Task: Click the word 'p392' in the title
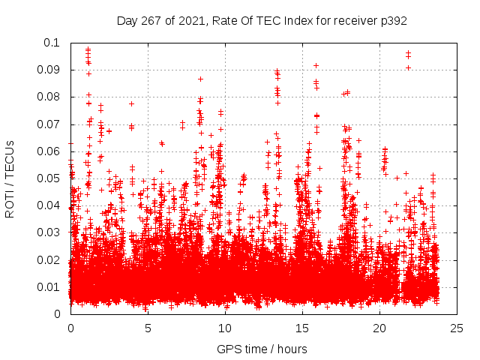pyautogui.click(x=393, y=21)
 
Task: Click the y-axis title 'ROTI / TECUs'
pyautogui.click(x=10, y=178)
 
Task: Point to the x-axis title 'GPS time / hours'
pyautogui.click(x=262, y=349)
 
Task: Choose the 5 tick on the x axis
pyautogui.click(x=148, y=328)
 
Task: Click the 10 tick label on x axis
pyautogui.click(x=225, y=328)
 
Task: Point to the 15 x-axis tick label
pyautogui.click(x=302, y=328)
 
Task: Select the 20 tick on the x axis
pyautogui.click(x=379, y=328)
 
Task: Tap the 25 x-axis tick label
pyautogui.click(x=457, y=328)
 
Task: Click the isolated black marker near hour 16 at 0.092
pyautogui.click(x=316, y=65)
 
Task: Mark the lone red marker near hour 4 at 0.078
pyautogui.click(x=131, y=103)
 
